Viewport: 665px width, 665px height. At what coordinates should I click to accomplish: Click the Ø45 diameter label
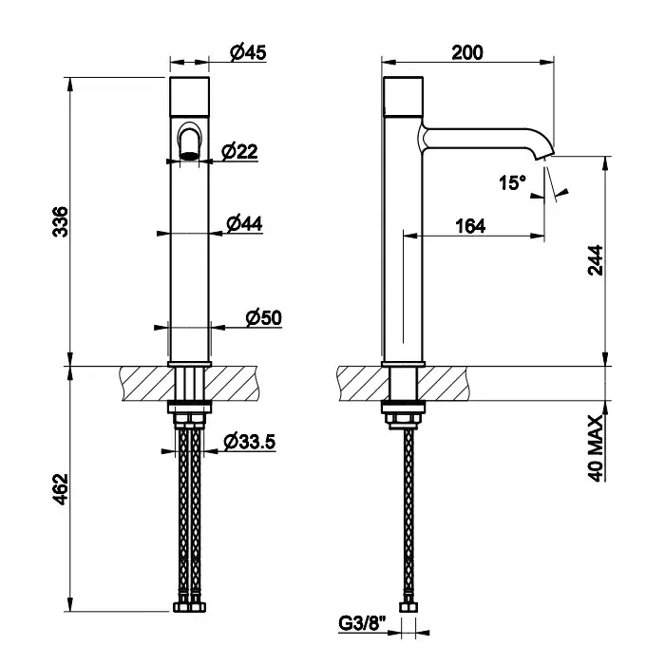(x=248, y=52)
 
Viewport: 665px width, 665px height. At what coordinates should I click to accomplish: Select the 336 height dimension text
(x=60, y=221)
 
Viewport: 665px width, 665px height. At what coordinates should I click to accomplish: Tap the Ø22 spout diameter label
(x=239, y=151)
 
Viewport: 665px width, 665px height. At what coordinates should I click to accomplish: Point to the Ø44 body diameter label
(x=244, y=223)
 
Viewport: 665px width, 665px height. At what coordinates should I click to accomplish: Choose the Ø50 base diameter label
(x=264, y=317)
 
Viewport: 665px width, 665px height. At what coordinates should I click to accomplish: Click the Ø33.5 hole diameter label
(x=250, y=442)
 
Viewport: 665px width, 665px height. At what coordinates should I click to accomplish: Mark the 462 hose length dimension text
(x=60, y=489)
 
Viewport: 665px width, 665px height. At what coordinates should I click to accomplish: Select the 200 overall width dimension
(x=467, y=52)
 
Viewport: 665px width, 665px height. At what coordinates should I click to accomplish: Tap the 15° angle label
(x=512, y=182)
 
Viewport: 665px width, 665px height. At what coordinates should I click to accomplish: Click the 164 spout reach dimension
(x=471, y=226)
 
